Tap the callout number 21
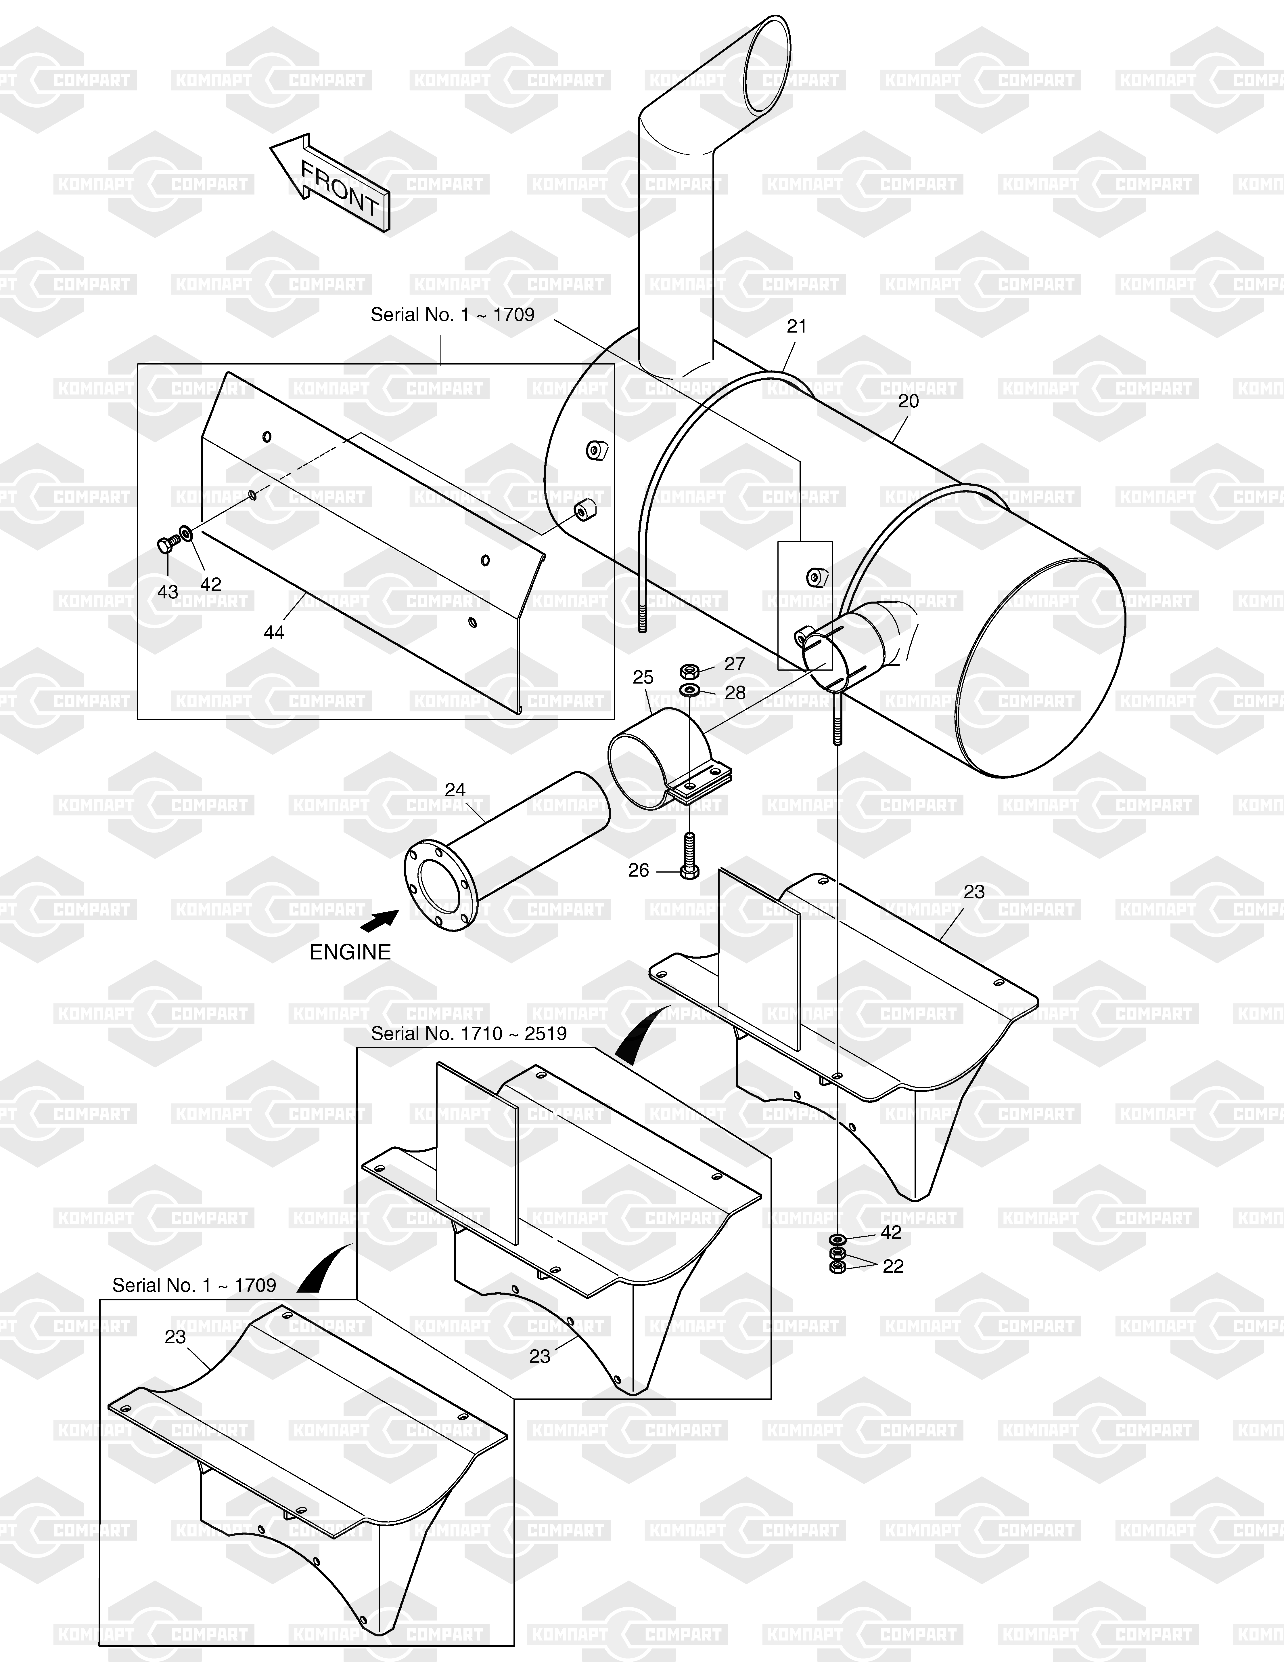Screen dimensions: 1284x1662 coord(796,327)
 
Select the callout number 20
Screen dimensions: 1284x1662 coord(908,401)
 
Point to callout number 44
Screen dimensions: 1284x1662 coord(274,632)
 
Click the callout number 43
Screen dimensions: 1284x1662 coord(168,592)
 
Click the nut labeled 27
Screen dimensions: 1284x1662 coord(689,671)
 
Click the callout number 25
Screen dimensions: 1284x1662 coord(643,677)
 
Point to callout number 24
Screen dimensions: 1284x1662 coord(455,790)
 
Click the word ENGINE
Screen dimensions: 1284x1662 coord(350,952)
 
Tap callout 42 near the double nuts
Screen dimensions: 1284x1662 coord(891,1232)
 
